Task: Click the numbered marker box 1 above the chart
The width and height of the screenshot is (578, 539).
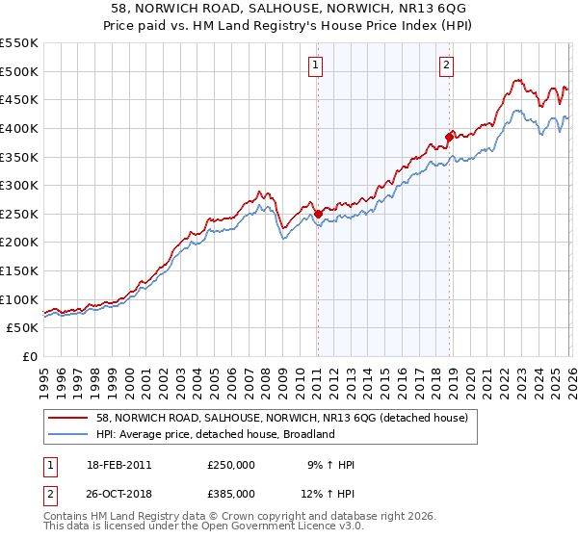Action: (316, 65)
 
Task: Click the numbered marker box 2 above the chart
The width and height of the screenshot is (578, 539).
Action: (448, 65)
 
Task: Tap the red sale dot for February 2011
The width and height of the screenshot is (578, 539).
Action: (318, 214)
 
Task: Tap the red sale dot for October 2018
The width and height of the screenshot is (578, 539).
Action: (449, 137)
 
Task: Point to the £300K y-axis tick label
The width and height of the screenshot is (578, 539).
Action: (19, 185)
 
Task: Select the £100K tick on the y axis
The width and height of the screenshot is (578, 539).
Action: (19, 299)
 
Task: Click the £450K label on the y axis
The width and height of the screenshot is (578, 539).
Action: (19, 99)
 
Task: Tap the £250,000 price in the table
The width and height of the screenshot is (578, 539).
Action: (231, 465)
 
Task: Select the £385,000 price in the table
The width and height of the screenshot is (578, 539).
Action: (231, 493)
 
